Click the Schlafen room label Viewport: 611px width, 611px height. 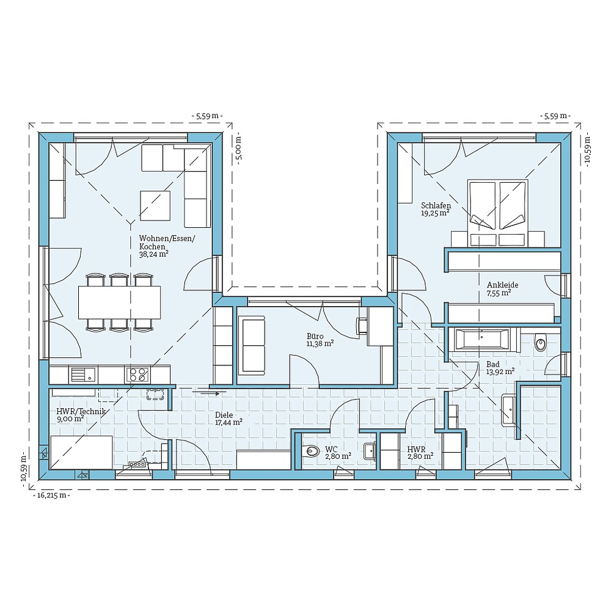(436, 205)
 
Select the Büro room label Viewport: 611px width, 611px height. (315, 335)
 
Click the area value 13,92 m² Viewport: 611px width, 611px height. (499, 371)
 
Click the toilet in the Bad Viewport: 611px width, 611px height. (541, 343)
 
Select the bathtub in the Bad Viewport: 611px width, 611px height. (481, 338)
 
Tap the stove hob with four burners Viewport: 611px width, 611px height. (138, 374)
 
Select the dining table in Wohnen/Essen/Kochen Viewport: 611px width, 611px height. (120, 302)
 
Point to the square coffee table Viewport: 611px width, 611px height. (155, 206)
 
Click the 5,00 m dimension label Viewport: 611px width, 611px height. (239, 148)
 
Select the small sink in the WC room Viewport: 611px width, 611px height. (369, 451)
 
